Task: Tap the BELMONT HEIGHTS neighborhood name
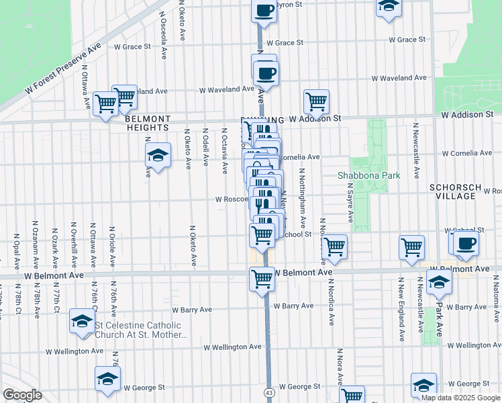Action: tap(147, 123)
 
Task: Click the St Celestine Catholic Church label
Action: tap(140, 330)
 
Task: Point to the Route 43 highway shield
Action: tap(269, 392)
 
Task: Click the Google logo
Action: tap(22, 394)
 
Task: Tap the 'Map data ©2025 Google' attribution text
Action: tap(461, 398)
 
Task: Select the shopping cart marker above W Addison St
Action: tap(316, 101)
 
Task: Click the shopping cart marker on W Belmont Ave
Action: tap(262, 278)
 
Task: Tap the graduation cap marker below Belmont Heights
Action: tap(157, 155)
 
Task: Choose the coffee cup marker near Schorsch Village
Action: tap(466, 243)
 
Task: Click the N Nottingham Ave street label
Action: tap(303, 197)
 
